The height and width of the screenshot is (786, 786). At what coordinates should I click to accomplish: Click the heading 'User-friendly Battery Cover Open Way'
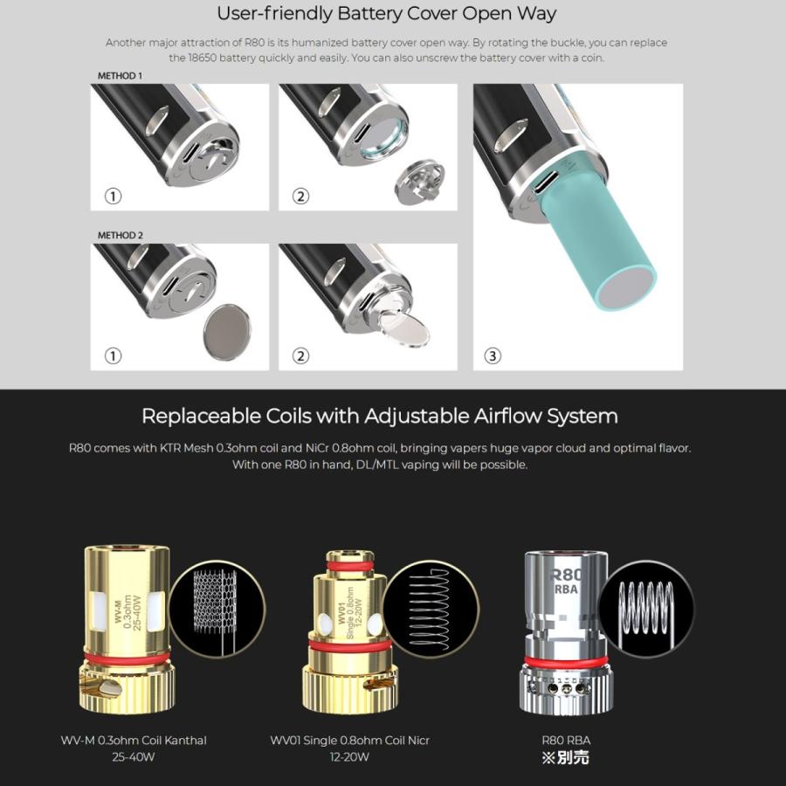click(x=386, y=14)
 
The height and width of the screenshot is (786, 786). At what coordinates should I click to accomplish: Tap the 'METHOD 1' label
click(x=120, y=76)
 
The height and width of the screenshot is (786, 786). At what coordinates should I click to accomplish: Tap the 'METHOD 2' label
click(x=120, y=236)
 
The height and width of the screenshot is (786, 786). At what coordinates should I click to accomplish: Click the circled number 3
click(x=493, y=355)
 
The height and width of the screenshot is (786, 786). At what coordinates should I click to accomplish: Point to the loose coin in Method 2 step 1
click(x=226, y=331)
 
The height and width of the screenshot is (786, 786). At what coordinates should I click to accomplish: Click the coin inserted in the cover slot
click(x=403, y=328)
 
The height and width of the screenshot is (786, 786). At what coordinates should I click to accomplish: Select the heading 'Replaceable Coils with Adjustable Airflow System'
click(x=380, y=416)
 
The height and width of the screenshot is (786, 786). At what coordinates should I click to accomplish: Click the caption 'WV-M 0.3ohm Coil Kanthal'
click(x=134, y=741)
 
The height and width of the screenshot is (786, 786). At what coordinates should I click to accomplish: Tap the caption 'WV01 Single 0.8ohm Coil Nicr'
click(x=349, y=741)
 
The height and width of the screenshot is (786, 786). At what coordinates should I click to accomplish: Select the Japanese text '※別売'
click(x=566, y=758)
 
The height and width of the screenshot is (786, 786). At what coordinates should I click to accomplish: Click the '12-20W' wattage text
click(x=349, y=757)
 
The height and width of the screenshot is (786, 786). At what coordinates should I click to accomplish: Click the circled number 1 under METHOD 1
click(x=112, y=196)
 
